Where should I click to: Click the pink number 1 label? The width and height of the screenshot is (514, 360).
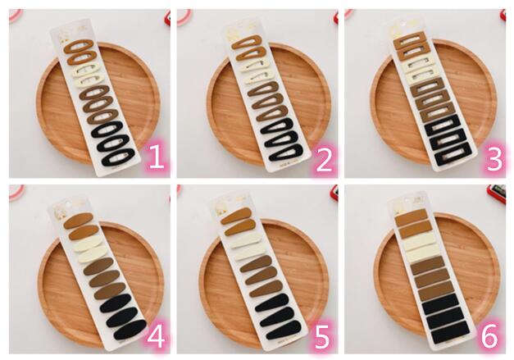(157, 157)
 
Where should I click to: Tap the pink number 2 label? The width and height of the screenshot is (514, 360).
(324, 160)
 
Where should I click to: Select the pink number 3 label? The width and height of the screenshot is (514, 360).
(494, 160)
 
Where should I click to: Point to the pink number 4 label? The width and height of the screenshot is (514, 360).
(156, 337)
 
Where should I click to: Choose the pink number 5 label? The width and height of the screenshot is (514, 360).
(322, 337)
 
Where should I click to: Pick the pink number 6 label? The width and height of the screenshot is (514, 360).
(489, 337)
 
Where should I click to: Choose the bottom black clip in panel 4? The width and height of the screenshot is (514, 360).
(130, 329)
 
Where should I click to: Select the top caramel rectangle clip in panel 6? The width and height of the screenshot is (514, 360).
(412, 216)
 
